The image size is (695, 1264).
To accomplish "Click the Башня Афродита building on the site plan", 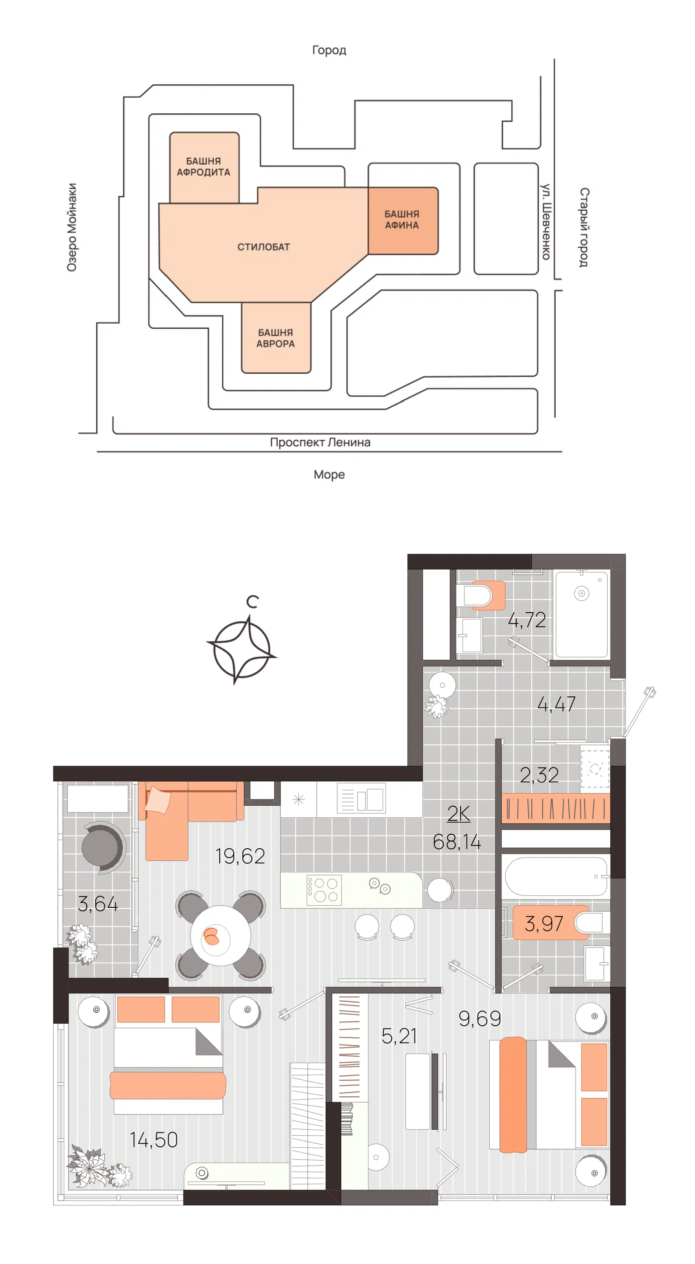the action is [x=204, y=167].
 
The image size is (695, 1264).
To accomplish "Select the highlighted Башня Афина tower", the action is [x=403, y=220].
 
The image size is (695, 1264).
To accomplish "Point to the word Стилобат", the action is [x=264, y=247].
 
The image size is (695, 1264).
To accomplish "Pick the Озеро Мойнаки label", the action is [x=72, y=227].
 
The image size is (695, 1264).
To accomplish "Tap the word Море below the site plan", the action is [x=329, y=474].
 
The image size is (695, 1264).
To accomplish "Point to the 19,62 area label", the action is [x=240, y=856].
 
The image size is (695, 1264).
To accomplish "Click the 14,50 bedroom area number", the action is [x=153, y=1140].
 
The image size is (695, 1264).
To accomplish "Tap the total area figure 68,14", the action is [x=456, y=842].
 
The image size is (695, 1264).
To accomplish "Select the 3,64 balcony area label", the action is [x=98, y=904].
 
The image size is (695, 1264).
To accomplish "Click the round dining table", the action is [x=221, y=935].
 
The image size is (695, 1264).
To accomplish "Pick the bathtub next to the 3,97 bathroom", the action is [x=556, y=876].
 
